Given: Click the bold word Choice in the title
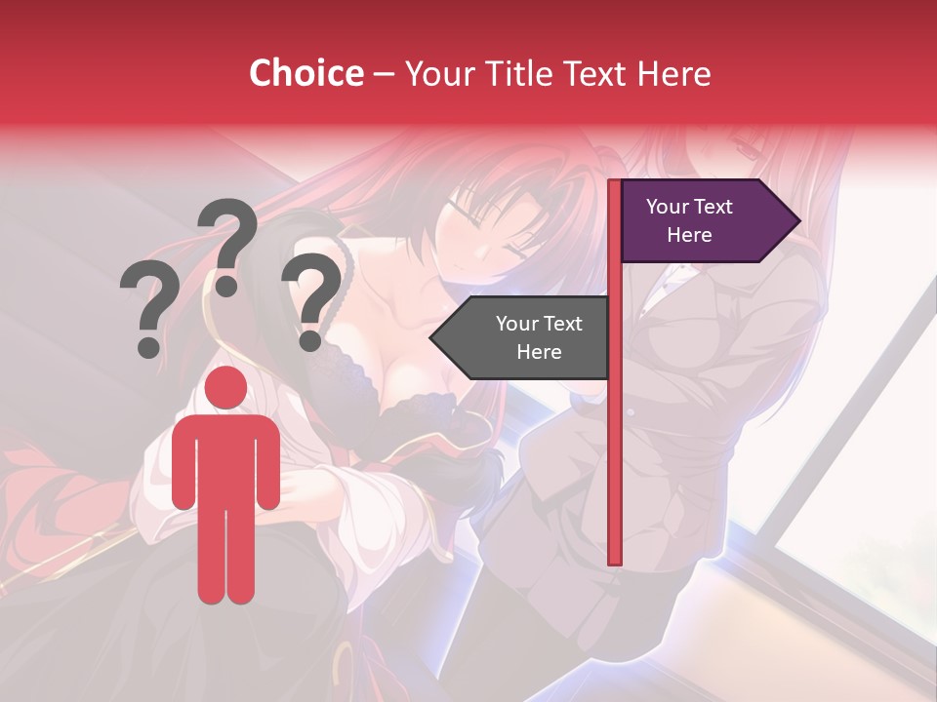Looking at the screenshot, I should tap(306, 73).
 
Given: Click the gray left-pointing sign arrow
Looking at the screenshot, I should tap(522, 337).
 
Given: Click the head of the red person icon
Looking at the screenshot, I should tap(226, 387).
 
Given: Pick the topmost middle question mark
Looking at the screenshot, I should tap(227, 244).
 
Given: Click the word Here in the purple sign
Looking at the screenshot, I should tap(689, 235).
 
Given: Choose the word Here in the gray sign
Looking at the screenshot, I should tap(539, 352).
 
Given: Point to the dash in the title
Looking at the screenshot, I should tap(384, 74).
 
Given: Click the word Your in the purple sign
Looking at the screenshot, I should tap(668, 207).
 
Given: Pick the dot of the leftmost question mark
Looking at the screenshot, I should tap(149, 346).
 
